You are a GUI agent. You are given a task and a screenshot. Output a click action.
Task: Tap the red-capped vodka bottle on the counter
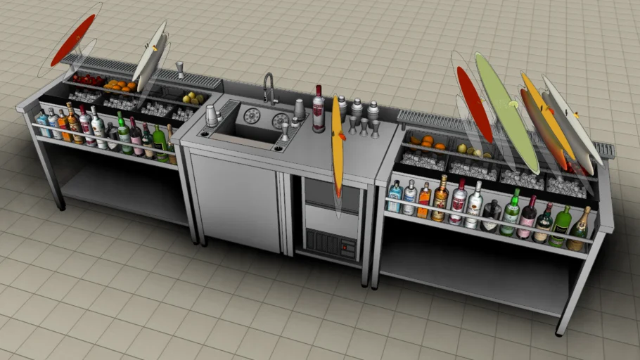pyautogui.click(x=319, y=111)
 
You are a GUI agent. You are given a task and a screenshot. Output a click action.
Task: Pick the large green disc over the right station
pyautogui.click(x=506, y=112)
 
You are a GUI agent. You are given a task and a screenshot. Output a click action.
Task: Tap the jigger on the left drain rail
pyautogui.click(x=180, y=69)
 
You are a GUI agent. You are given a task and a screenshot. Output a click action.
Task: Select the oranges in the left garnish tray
pyautogui.click(x=120, y=85)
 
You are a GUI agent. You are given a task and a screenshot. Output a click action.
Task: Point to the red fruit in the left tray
pyautogui.click(x=87, y=79)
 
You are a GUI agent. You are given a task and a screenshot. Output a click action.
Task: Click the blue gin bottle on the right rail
pyautogui.click(x=395, y=196)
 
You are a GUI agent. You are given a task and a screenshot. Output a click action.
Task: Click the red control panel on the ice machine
pyautogui.click(x=347, y=247)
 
